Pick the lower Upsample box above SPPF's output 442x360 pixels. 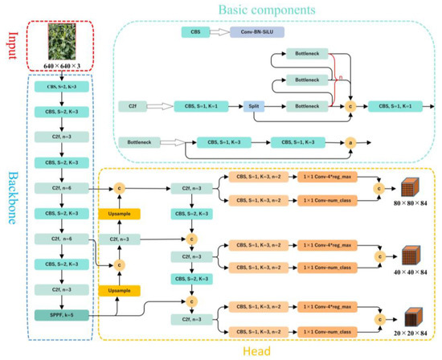click(x=119, y=290)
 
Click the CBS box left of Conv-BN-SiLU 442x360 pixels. click(x=194, y=32)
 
